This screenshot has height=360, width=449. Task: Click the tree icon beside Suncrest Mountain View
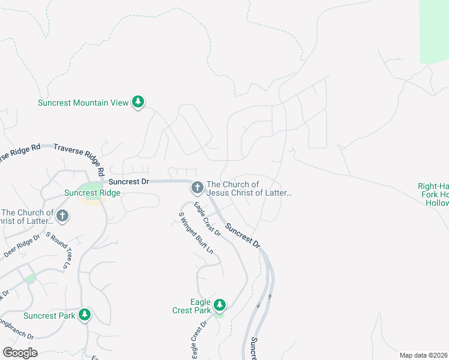point(139,102)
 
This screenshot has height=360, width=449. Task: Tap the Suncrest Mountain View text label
point(83,103)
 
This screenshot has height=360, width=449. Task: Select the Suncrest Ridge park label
point(92,193)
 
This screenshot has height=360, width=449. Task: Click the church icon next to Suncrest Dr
point(196,188)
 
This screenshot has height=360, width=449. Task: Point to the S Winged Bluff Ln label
point(196,233)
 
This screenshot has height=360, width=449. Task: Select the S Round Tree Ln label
point(59,250)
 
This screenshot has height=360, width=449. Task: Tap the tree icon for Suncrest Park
point(85,315)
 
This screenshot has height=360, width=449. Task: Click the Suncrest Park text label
point(49,316)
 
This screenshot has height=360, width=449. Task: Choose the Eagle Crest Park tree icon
point(220,305)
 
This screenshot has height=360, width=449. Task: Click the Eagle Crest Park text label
point(191,306)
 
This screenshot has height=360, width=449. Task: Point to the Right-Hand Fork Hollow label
point(434,194)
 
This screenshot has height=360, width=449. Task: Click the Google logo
point(20,353)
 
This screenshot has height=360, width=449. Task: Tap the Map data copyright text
point(424,355)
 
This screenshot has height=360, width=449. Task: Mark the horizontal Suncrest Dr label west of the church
point(128,181)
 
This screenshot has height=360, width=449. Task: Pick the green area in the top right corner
point(434,30)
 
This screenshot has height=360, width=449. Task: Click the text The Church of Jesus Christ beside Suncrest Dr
point(249,188)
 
